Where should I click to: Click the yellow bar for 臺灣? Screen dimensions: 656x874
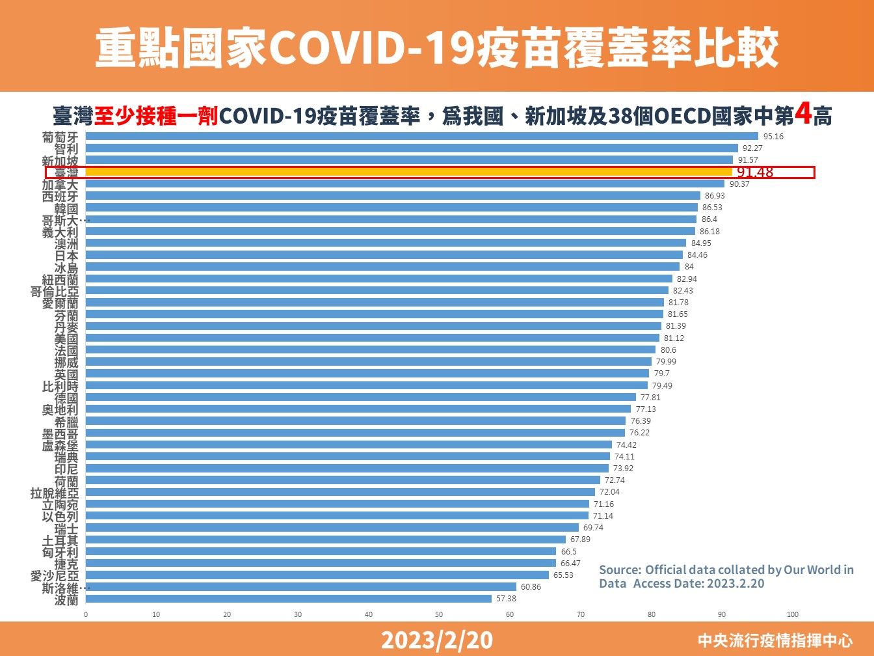click(x=408, y=172)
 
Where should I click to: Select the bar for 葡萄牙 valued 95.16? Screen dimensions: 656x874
click(x=421, y=136)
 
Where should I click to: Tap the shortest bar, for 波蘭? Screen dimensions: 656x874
click(x=288, y=599)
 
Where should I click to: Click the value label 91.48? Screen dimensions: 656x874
click(x=755, y=172)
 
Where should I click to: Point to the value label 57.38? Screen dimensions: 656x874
click(x=506, y=599)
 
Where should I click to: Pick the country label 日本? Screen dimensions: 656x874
click(x=66, y=255)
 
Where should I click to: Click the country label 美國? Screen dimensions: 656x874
click(x=66, y=338)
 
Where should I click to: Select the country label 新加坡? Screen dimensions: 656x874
click(x=60, y=160)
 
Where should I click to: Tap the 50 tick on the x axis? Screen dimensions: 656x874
click(x=439, y=614)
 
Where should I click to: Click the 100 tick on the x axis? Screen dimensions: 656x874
click(x=792, y=614)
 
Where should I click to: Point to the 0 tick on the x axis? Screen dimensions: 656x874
click(x=86, y=614)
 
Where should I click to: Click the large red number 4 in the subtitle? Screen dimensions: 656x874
click(x=803, y=115)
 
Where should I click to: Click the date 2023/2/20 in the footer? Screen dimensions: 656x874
click(x=436, y=640)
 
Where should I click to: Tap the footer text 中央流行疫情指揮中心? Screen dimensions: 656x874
click(x=775, y=641)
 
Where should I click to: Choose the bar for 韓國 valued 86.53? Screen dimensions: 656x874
click(x=391, y=208)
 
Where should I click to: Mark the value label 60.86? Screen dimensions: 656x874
click(x=531, y=587)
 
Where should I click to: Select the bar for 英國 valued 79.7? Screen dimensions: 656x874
click(x=367, y=374)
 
